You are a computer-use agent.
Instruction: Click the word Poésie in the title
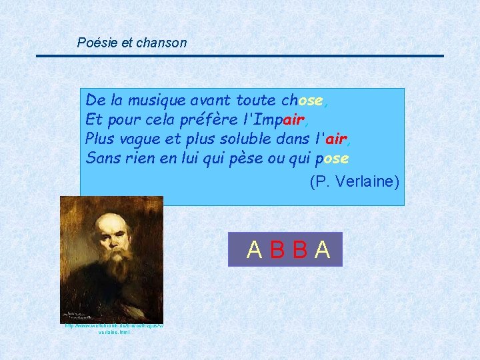click(x=95, y=43)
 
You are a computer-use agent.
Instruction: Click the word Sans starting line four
click(x=100, y=159)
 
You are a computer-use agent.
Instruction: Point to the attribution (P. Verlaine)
click(x=354, y=181)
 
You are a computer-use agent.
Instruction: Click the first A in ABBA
click(x=254, y=249)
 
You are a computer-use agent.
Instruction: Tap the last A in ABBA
click(x=323, y=249)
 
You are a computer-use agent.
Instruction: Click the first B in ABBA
click(x=277, y=249)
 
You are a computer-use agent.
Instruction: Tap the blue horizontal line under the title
click(x=240, y=55)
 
